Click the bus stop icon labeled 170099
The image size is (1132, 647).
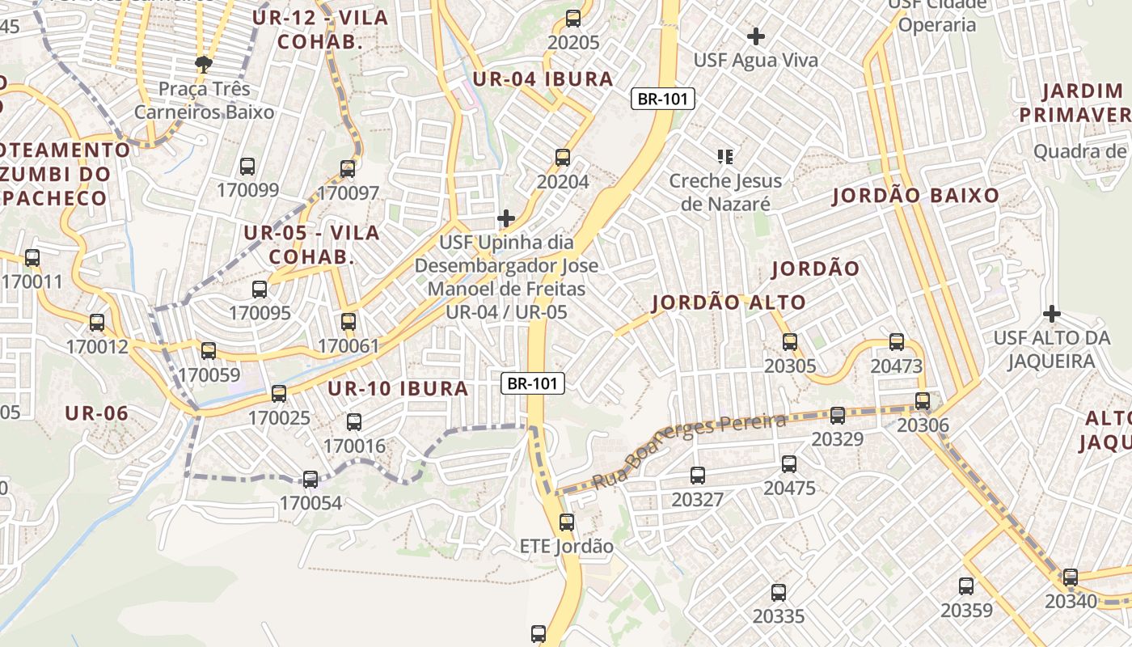[x=247, y=167]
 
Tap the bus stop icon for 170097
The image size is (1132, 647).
[x=348, y=169]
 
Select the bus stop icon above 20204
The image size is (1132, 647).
[x=563, y=158]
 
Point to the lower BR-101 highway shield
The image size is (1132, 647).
[x=533, y=383]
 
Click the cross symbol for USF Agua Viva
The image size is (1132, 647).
[x=756, y=36]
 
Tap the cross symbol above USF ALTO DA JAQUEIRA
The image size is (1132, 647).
[x=1052, y=313]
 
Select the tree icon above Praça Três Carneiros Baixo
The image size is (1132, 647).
[x=203, y=64]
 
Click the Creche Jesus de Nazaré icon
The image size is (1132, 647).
[x=725, y=156]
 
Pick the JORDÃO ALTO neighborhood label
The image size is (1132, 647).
[x=729, y=303]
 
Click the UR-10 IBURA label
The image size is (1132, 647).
[x=398, y=389]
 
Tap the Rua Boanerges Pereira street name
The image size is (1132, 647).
[x=689, y=451]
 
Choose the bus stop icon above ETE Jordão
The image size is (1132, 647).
[x=567, y=522]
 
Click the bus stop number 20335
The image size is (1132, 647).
[x=779, y=616]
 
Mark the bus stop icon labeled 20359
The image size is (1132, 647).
[x=966, y=586]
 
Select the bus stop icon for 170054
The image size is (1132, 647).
[x=310, y=480]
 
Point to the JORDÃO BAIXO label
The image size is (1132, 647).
[x=916, y=196]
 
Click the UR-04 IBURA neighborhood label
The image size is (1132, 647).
[x=543, y=79]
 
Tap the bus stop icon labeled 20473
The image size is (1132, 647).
[x=897, y=342]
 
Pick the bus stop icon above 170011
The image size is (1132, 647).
[x=32, y=258]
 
